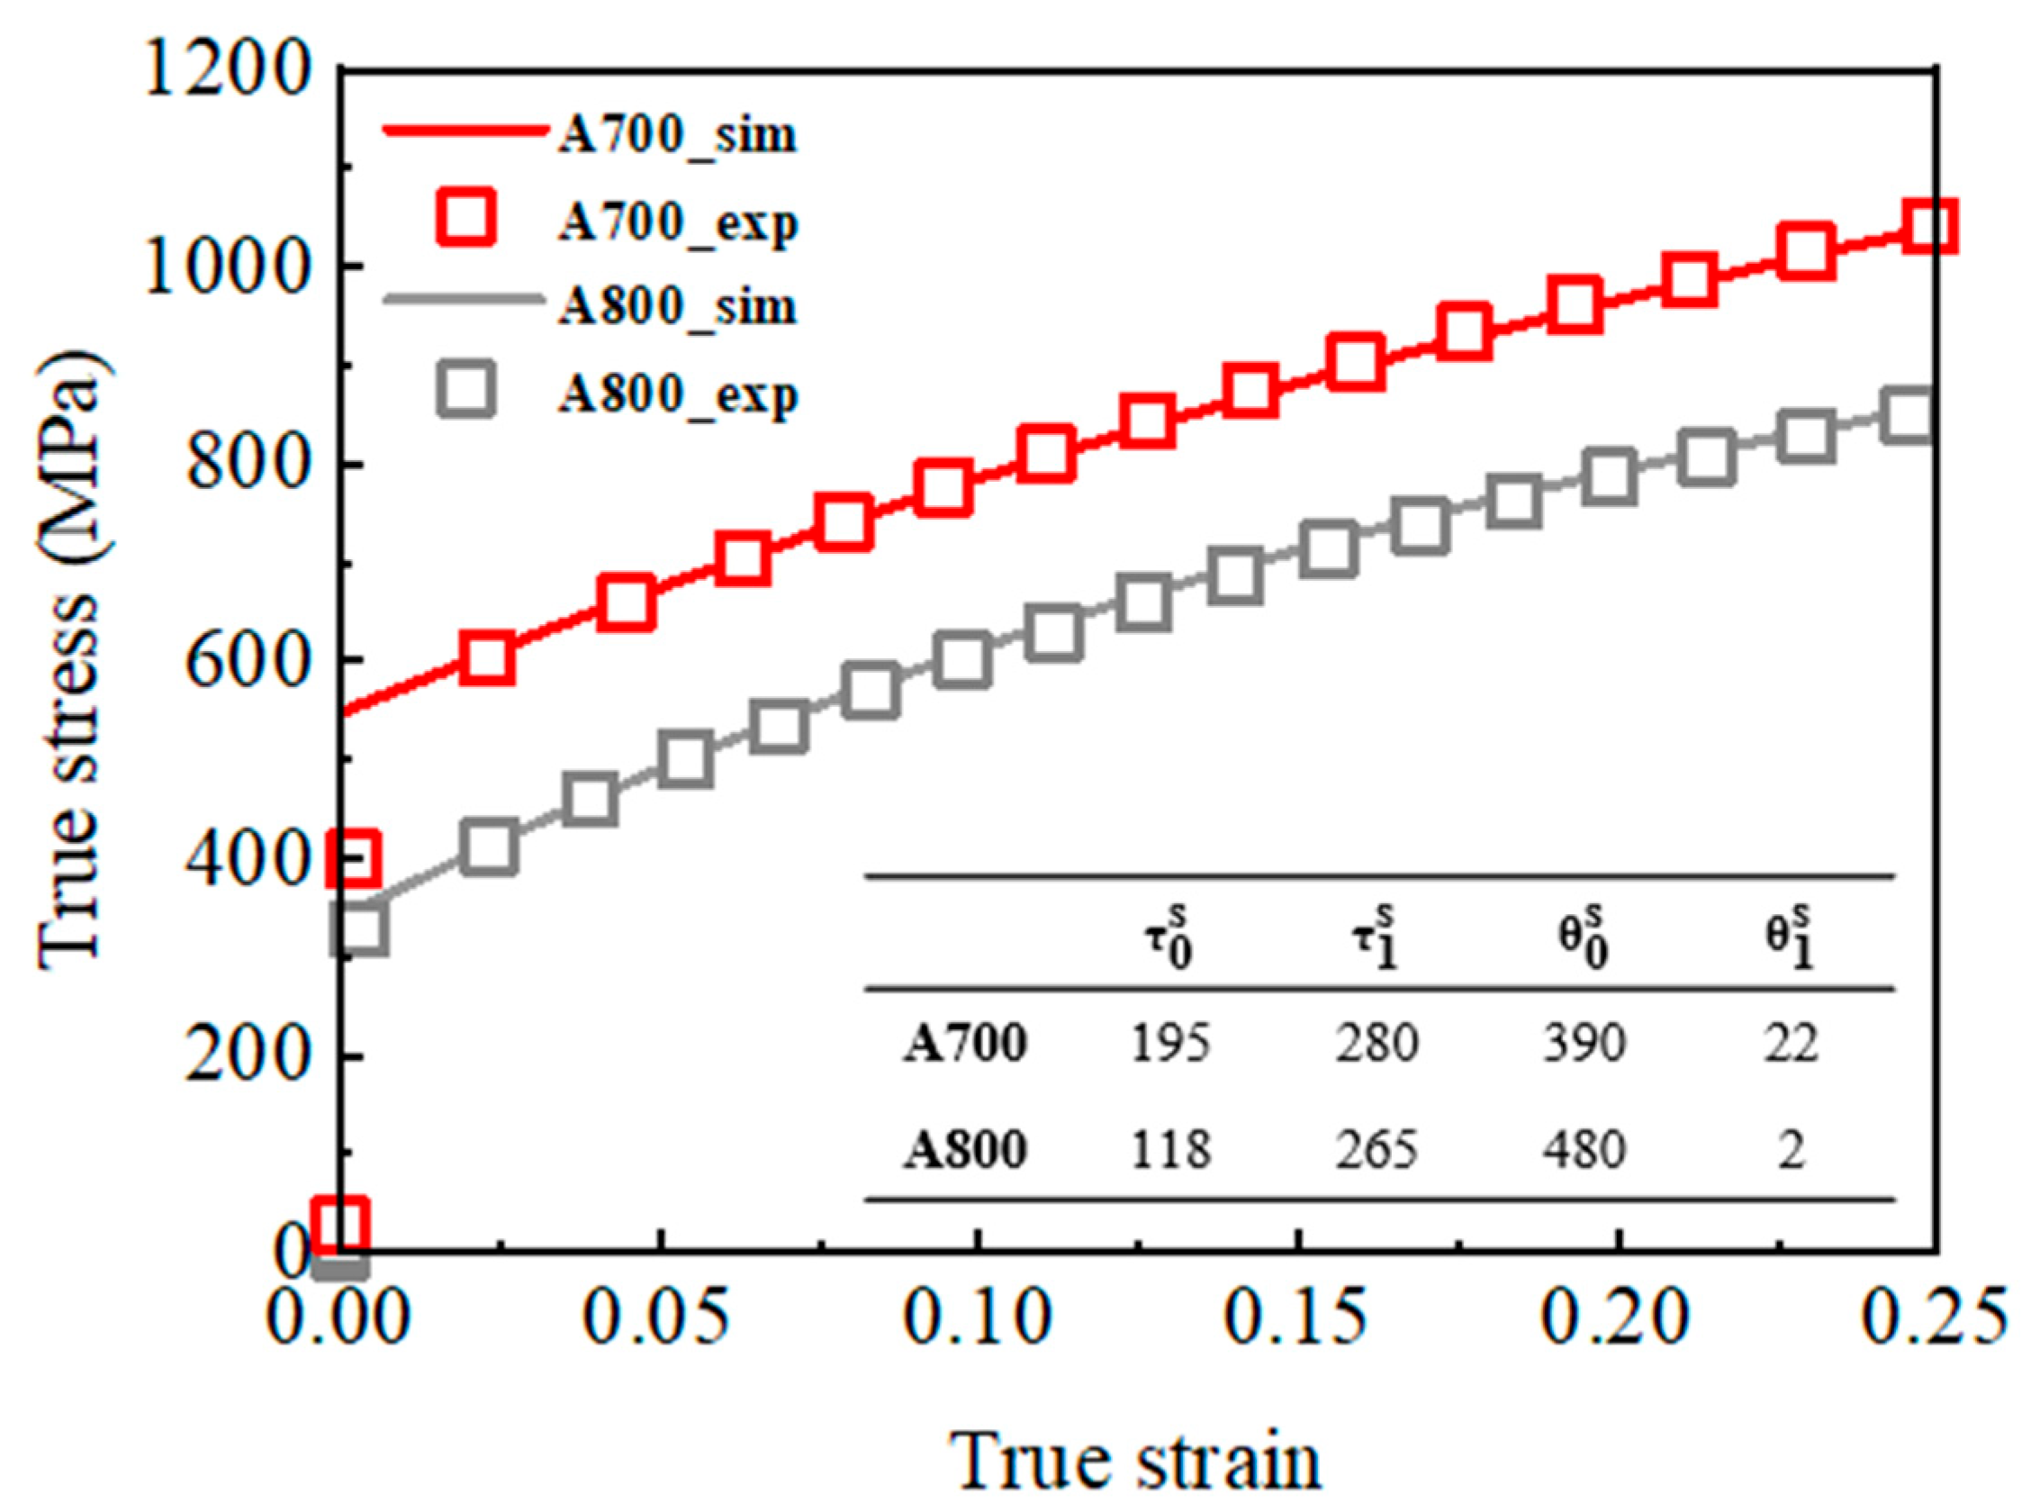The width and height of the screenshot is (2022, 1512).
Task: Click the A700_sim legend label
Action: pos(677,135)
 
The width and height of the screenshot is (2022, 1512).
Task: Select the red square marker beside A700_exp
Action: pos(465,218)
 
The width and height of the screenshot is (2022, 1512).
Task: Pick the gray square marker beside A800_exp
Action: pos(465,389)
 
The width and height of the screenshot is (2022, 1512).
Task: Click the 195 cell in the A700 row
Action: pos(1170,1043)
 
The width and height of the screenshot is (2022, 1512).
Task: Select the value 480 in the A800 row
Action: pos(1584,1149)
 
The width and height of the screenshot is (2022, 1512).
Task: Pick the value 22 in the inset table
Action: pos(1791,1043)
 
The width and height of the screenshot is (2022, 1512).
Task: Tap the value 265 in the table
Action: pos(1377,1149)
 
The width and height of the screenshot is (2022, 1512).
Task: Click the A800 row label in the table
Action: pos(965,1149)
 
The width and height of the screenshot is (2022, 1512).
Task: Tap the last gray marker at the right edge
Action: pos(1909,414)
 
